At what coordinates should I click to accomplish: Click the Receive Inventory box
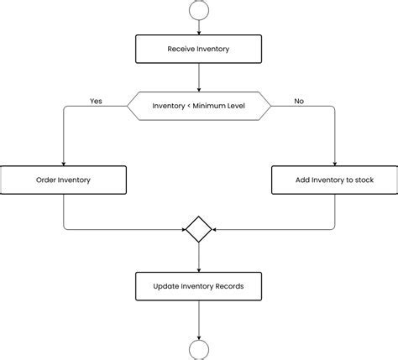(x=198, y=49)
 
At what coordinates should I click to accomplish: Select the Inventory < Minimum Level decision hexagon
(x=198, y=106)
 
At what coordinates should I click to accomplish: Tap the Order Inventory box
(x=63, y=180)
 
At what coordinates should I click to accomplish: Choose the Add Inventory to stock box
(x=334, y=180)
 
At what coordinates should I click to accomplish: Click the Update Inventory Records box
(x=198, y=286)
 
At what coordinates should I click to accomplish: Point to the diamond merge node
(x=198, y=229)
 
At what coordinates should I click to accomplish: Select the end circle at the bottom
(x=199, y=351)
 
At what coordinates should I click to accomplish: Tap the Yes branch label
(x=96, y=101)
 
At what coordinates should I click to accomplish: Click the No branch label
(x=299, y=101)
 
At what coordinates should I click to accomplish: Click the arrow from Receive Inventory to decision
(x=199, y=77)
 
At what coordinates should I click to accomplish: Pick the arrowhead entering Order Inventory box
(x=64, y=162)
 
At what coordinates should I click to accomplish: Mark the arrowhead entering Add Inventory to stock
(x=334, y=162)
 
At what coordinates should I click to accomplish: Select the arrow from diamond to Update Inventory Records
(x=199, y=258)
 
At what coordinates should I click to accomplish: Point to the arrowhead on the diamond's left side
(x=182, y=229)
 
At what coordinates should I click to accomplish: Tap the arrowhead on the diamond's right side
(x=215, y=229)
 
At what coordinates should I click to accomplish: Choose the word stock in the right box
(x=363, y=180)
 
